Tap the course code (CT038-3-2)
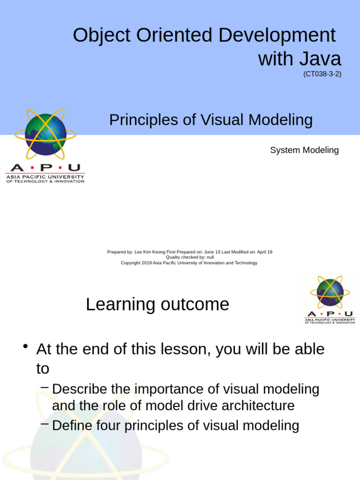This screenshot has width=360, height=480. tap(322, 74)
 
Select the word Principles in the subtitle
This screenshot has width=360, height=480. tap(144, 120)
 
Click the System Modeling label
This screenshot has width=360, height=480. tap(304, 150)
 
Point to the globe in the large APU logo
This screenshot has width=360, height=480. tap(45, 134)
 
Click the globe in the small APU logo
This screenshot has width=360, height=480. tap(330, 293)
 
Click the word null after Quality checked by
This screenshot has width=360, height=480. tap(210, 257)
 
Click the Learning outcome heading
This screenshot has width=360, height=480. tap(157, 305)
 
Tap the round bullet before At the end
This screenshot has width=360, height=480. tap(26, 347)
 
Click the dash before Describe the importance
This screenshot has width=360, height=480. tap(45, 387)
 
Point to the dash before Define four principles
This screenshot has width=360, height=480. tap(45, 424)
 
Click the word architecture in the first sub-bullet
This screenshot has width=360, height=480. tap(260, 405)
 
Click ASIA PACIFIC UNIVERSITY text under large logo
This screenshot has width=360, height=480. tap(45, 177)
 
